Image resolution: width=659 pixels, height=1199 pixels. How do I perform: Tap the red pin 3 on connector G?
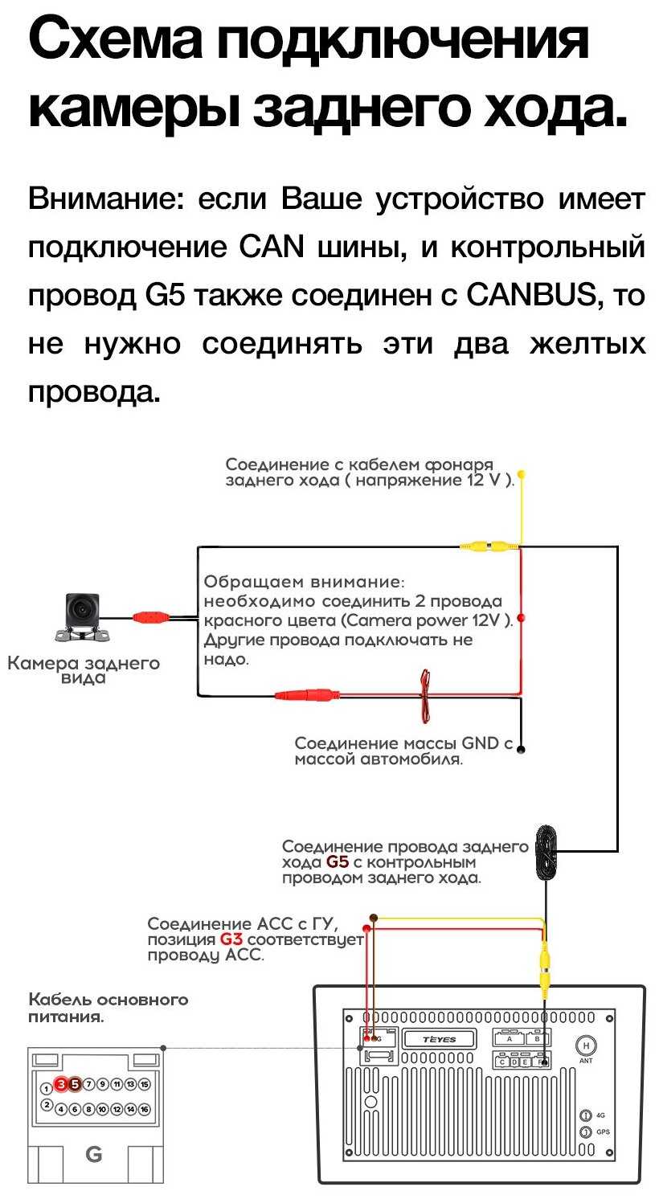coord(61,1084)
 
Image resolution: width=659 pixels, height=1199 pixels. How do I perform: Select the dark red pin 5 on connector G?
coord(75,1084)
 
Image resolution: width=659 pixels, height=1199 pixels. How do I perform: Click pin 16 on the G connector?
coord(145,1109)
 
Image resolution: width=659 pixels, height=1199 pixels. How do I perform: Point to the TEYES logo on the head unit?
coord(439,1039)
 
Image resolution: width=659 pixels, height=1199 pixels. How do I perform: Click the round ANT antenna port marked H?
coord(586,1046)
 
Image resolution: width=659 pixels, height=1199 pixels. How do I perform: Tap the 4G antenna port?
coord(586,1115)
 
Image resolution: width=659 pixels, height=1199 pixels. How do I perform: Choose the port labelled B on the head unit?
coord(539,1038)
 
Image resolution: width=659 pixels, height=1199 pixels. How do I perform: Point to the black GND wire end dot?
coord(521,750)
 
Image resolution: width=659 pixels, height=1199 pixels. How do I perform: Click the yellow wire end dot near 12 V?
coord(521,474)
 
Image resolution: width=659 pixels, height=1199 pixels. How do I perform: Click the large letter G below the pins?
coord(94,1155)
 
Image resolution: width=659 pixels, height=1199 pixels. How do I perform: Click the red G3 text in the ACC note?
coord(231,939)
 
